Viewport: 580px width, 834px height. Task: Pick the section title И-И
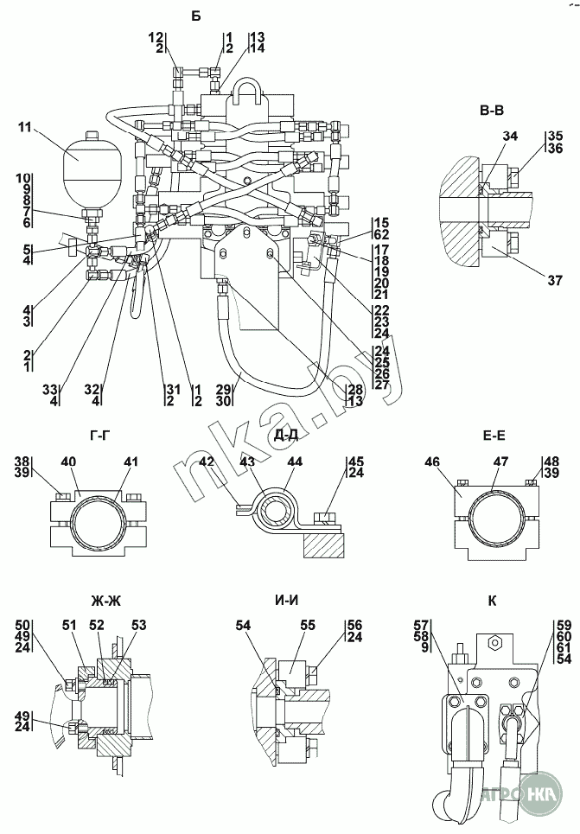[x=286, y=600]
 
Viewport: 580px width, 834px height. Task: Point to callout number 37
[x=554, y=280]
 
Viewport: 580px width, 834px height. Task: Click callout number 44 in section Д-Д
[x=296, y=462]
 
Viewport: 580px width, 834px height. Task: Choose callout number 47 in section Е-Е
[x=500, y=462]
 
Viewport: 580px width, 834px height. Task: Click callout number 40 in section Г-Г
[x=69, y=462]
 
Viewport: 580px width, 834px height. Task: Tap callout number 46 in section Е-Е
[x=432, y=462]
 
